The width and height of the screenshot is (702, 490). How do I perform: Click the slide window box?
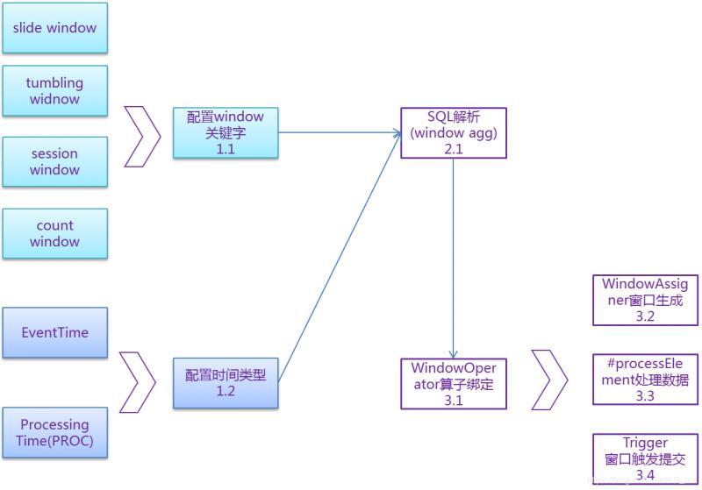54,28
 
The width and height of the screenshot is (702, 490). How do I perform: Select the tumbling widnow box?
54,90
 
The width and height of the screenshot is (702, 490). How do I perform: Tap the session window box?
54,161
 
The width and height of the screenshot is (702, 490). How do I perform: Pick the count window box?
54,233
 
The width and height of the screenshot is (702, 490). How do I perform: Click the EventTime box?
54,332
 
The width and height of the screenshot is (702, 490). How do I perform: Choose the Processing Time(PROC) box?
54,432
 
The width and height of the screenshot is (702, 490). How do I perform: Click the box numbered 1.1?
226,133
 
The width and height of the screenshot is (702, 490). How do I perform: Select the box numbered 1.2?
226,383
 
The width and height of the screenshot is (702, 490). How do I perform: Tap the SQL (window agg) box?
453,132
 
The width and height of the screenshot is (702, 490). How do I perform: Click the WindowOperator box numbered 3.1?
453,383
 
